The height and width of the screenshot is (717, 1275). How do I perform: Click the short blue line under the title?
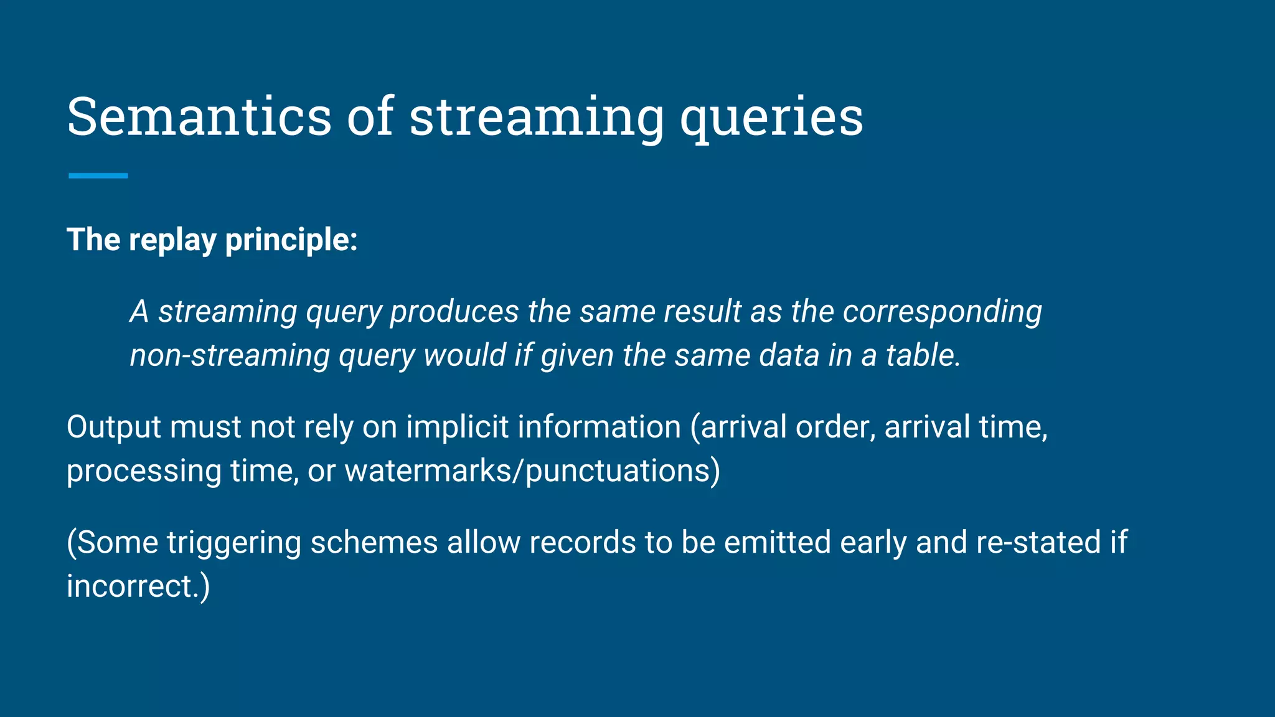click(98, 176)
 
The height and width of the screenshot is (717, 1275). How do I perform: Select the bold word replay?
click(172, 240)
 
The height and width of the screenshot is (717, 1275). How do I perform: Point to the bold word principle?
click(291, 240)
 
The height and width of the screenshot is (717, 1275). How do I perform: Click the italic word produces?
click(454, 312)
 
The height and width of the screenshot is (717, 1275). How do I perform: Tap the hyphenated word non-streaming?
click(230, 355)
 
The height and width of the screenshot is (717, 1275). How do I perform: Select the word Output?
click(113, 428)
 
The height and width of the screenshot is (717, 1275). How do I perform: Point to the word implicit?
click(458, 428)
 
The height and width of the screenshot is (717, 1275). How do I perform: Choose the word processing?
click(144, 471)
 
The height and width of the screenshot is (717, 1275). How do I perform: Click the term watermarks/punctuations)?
click(532, 471)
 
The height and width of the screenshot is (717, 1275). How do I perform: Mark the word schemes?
click(374, 543)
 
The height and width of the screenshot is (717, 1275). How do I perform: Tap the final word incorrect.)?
click(138, 586)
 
